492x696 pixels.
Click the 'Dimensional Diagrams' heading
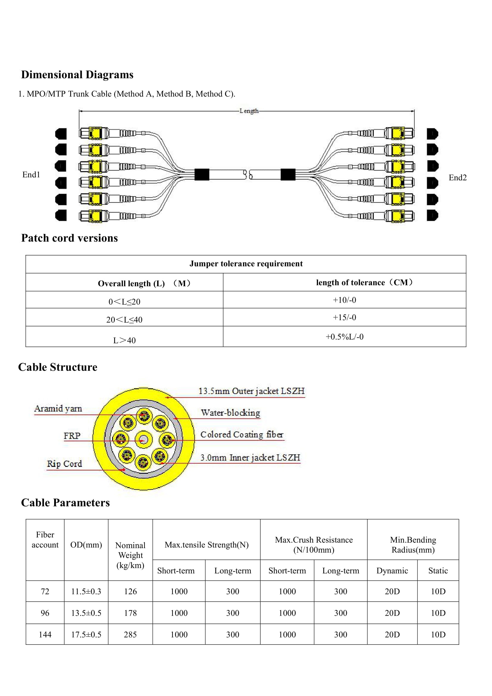[77, 75]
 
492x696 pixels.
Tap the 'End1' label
[31, 175]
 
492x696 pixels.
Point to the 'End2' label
[457, 178]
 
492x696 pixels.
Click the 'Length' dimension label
[249, 111]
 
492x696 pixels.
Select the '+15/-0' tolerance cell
[344, 317]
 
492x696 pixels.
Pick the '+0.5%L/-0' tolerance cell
[344, 337]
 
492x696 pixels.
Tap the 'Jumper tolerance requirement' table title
[246, 264]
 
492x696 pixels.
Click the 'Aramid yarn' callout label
[58, 409]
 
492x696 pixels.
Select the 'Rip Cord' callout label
[64, 464]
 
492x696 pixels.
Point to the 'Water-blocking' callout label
[231, 413]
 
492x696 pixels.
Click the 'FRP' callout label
[72, 436]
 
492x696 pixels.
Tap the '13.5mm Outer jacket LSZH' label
[251, 391]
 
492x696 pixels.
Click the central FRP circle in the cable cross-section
[144, 439]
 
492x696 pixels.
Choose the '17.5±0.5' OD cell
[86, 634]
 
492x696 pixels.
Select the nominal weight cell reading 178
[130, 613]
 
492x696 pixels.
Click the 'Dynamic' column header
[392, 570]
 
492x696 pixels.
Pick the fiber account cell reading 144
[45, 634]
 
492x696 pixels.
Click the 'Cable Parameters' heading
[65, 503]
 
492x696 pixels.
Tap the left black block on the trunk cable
[202, 175]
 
